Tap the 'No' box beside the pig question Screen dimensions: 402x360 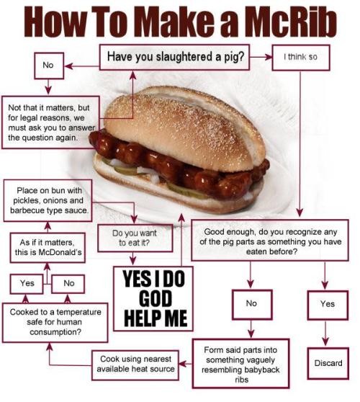tap(48, 66)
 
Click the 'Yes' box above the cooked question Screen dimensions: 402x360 tap(27, 283)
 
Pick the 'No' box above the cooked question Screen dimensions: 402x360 tap(69, 283)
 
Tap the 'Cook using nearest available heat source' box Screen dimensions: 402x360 tap(138, 365)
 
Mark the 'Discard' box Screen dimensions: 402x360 tap(328, 363)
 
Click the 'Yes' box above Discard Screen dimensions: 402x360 tap(328, 304)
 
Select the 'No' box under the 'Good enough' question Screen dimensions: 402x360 tap(251, 303)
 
